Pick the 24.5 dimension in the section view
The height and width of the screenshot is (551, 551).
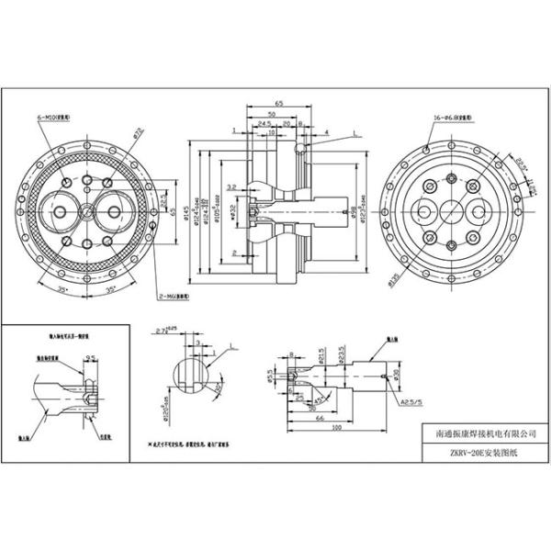tap(264, 123)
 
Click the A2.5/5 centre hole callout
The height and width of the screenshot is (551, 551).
tap(410, 401)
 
